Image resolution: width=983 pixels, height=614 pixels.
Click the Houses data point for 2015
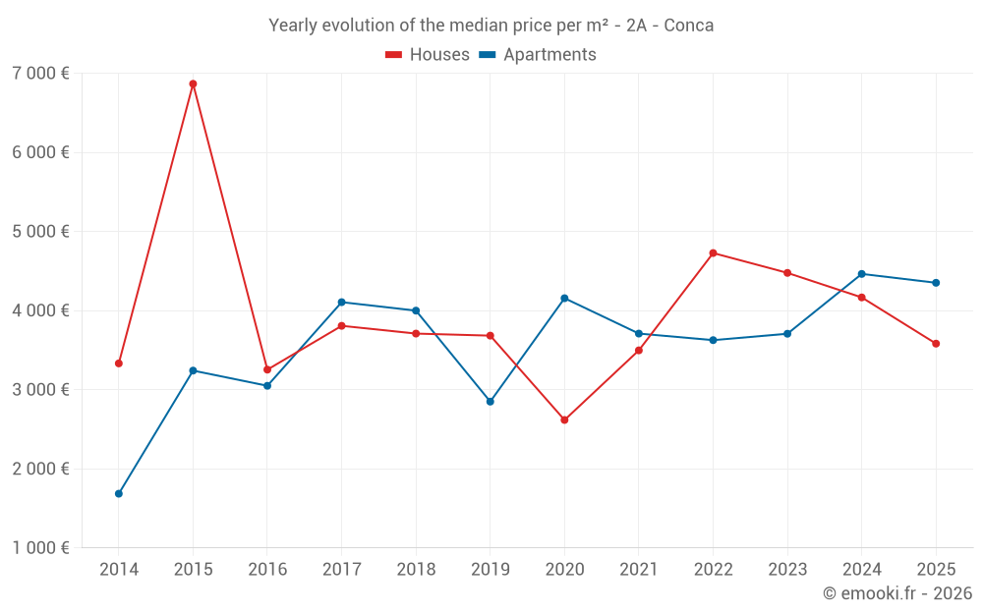click(193, 84)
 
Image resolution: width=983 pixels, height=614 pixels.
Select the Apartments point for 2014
click(119, 494)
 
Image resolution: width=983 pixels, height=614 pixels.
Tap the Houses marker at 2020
click(565, 419)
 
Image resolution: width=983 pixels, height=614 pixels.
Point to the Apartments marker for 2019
click(491, 402)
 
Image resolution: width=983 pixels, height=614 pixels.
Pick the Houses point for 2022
click(714, 253)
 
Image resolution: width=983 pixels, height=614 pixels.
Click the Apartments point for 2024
click(862, 274)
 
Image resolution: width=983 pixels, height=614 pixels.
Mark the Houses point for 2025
click(936, 343)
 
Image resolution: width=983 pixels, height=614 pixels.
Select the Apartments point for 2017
click(342, 302)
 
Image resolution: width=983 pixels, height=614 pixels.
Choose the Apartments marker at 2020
click(565, 299)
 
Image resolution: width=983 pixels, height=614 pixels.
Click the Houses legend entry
click(428, 54)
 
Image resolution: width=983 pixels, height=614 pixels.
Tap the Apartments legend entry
click(538, 54)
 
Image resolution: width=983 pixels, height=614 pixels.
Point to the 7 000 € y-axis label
click(40, 74)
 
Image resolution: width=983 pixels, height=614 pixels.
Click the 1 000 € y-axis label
click(40, 547)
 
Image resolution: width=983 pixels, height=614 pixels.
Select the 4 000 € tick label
click(40, 310)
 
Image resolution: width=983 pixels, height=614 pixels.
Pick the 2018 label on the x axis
click(416, 569)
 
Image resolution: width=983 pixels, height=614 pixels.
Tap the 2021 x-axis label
click(639, 569)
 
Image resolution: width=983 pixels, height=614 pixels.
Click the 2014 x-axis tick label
click(119, 569)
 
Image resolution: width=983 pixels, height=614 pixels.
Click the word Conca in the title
click(688, 26)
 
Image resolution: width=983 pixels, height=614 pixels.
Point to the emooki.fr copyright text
click(897, 592)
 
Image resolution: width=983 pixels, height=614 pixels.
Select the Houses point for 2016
click(267, 369)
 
